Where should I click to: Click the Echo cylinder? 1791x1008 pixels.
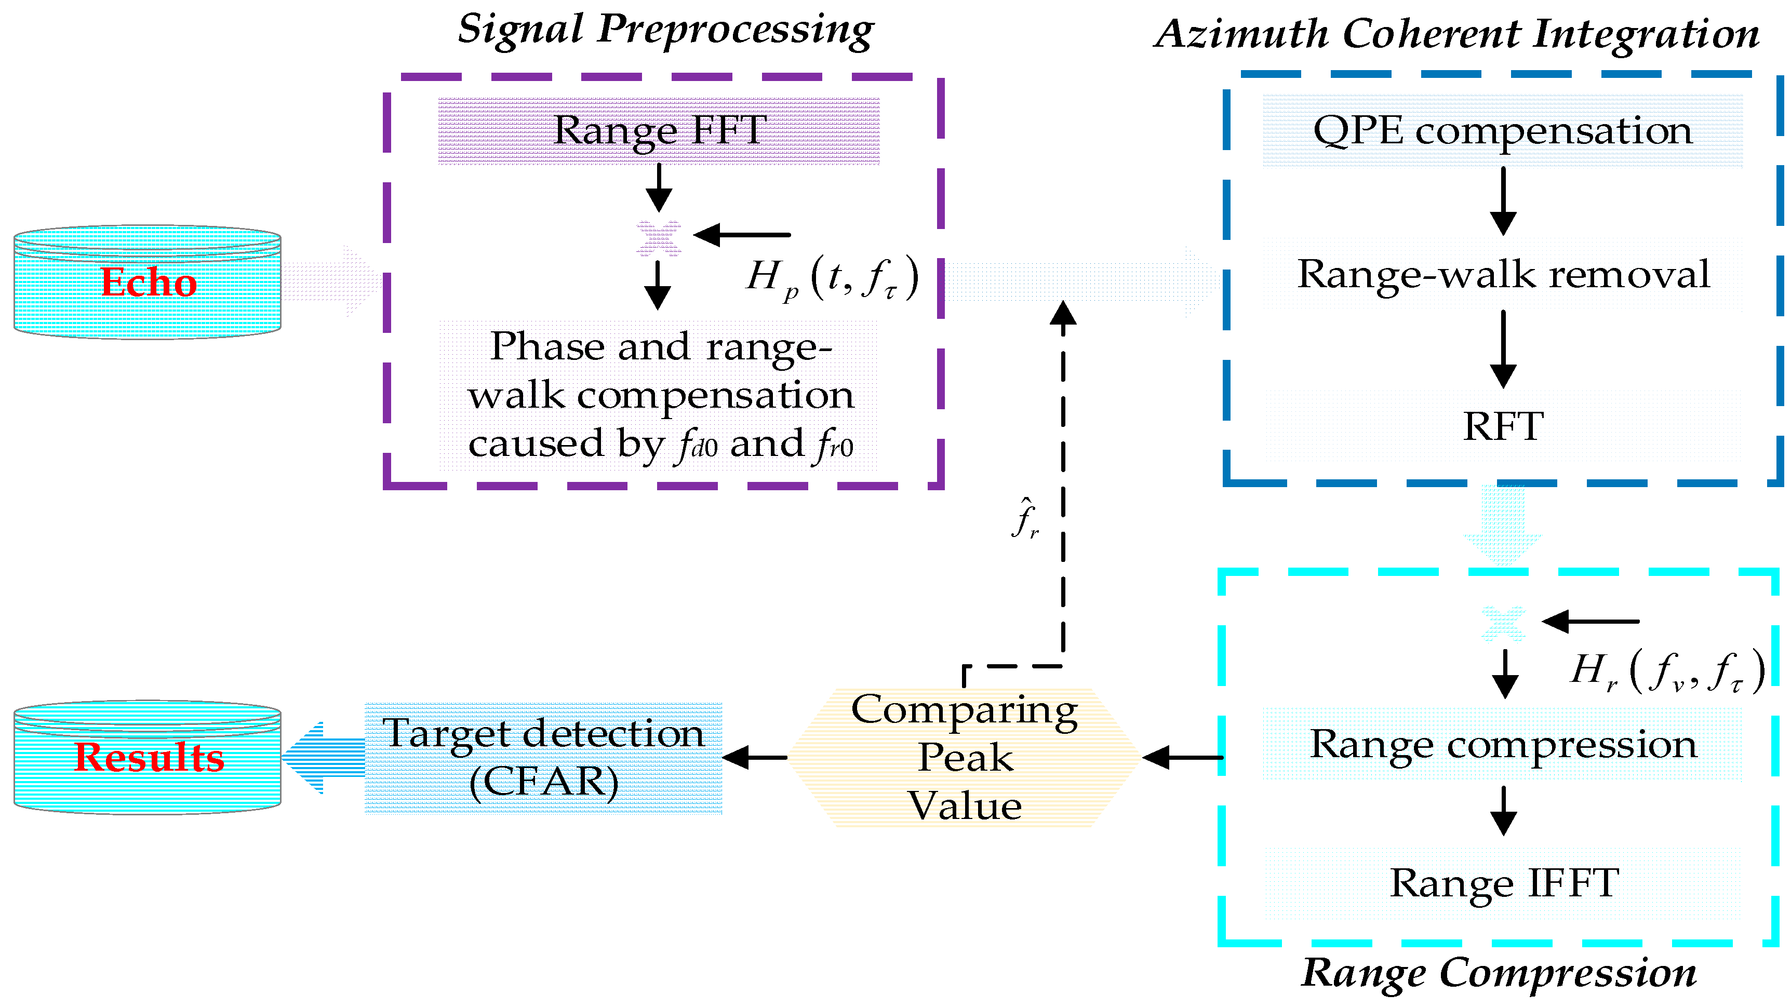(x=148, y=281)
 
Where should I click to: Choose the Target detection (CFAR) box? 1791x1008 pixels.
(x=544, y=758)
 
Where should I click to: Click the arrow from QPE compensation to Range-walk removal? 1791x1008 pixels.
(x=1503, y=201)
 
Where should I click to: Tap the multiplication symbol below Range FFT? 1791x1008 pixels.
(x=659, y=238)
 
